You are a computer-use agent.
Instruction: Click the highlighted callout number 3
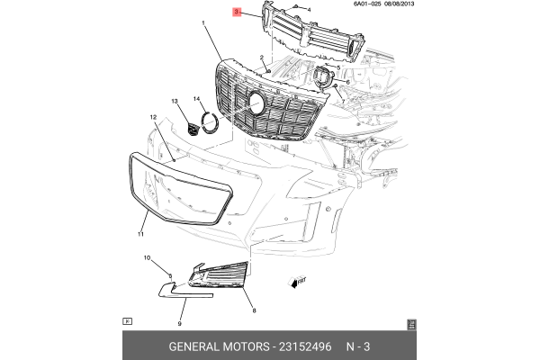point(236,12)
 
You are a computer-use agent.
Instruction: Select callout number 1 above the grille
point(203,23)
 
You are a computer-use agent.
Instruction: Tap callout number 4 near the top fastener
point(309,10)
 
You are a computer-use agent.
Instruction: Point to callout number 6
point(347,82)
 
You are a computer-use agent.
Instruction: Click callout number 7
point(343,102)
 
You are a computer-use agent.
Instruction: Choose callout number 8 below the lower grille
point(254,310)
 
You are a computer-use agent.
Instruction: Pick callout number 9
point(179,324)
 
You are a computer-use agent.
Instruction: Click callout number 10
point(147,257)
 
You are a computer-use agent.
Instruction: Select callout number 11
point(140,234)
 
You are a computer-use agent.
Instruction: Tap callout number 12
point(153,118)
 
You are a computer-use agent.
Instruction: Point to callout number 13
point(175,102)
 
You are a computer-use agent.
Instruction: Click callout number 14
point(196,99)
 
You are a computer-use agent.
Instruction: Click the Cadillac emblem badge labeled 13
point(193,130)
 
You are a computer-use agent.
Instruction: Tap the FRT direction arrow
point(296,282)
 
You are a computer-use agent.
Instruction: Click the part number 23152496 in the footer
point(305,346)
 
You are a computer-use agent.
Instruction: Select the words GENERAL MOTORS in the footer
point(219,346)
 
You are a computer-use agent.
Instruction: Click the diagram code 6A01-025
point(367,4)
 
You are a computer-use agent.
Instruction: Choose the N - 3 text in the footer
point(358,346)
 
